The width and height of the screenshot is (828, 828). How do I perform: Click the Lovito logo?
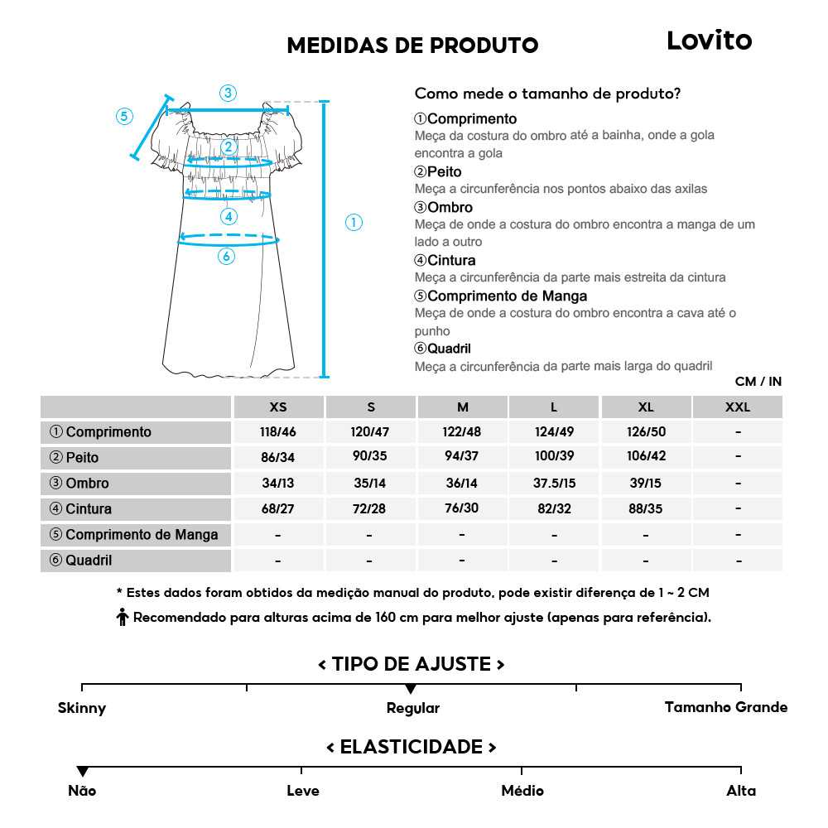709,41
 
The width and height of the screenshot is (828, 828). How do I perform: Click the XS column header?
278,407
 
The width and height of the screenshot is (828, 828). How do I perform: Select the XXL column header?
737,407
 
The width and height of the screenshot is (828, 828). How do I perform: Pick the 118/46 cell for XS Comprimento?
278,432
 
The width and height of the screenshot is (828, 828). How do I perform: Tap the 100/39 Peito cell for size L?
554,457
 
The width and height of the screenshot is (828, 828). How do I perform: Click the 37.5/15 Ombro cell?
554,483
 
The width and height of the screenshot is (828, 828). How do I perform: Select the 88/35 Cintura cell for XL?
646,509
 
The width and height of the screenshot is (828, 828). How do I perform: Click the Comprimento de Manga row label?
134,535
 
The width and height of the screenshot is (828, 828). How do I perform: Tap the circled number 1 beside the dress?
354,222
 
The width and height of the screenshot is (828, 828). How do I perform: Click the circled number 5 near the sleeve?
124,116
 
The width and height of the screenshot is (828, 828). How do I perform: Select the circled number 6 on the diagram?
226,257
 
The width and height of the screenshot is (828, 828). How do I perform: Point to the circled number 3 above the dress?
228,93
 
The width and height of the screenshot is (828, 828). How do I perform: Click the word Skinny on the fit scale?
82,708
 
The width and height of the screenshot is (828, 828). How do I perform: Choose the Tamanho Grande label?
726,707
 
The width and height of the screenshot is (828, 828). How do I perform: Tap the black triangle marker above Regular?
411,689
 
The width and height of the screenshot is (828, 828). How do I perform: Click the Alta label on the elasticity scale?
741,791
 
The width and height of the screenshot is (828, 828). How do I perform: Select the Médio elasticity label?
522,791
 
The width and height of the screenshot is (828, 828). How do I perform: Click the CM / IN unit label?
758,382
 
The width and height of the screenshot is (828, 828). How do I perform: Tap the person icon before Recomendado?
123,618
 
